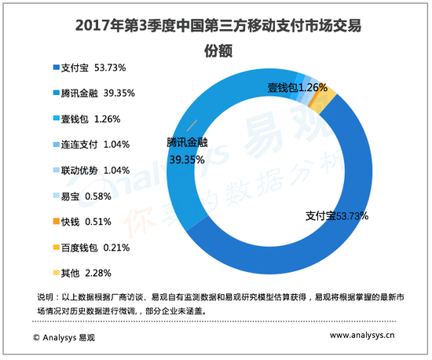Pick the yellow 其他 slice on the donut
coord(329,98)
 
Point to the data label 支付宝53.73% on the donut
coord(336,215)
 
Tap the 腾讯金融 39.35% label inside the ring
coord(187,150)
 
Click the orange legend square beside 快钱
coord(54,222)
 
